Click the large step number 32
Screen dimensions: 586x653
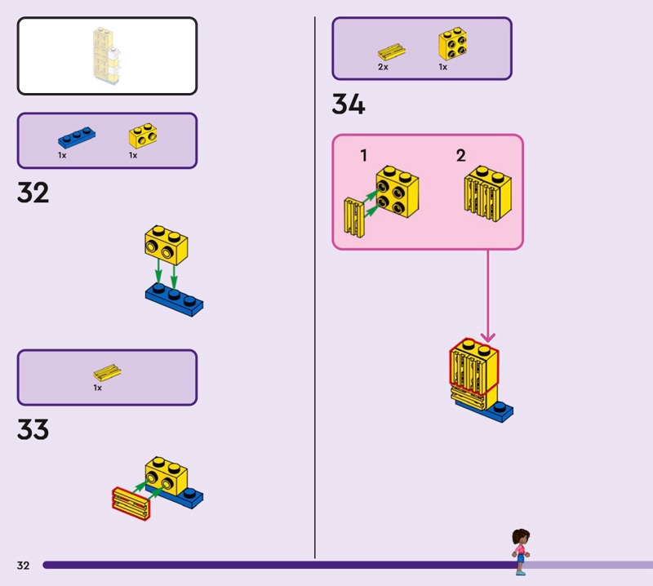[33, 193]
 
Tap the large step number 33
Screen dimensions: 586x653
[33, 429]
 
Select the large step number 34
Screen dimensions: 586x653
[348, 105]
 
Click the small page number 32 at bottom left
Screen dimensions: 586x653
[23, 566]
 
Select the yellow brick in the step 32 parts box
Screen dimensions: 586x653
[142, 135]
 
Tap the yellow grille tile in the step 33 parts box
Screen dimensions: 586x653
[107, 373]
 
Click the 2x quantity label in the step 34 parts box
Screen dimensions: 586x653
[383, 68]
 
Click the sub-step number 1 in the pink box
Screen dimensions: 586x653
[364, 156]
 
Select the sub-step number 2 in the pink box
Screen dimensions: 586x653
[460, 156]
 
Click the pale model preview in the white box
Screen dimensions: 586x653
[107, 56]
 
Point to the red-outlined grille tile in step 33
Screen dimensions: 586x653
[131, 502]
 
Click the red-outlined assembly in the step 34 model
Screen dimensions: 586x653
[473, 367]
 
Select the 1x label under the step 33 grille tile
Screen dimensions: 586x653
[97, 388]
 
